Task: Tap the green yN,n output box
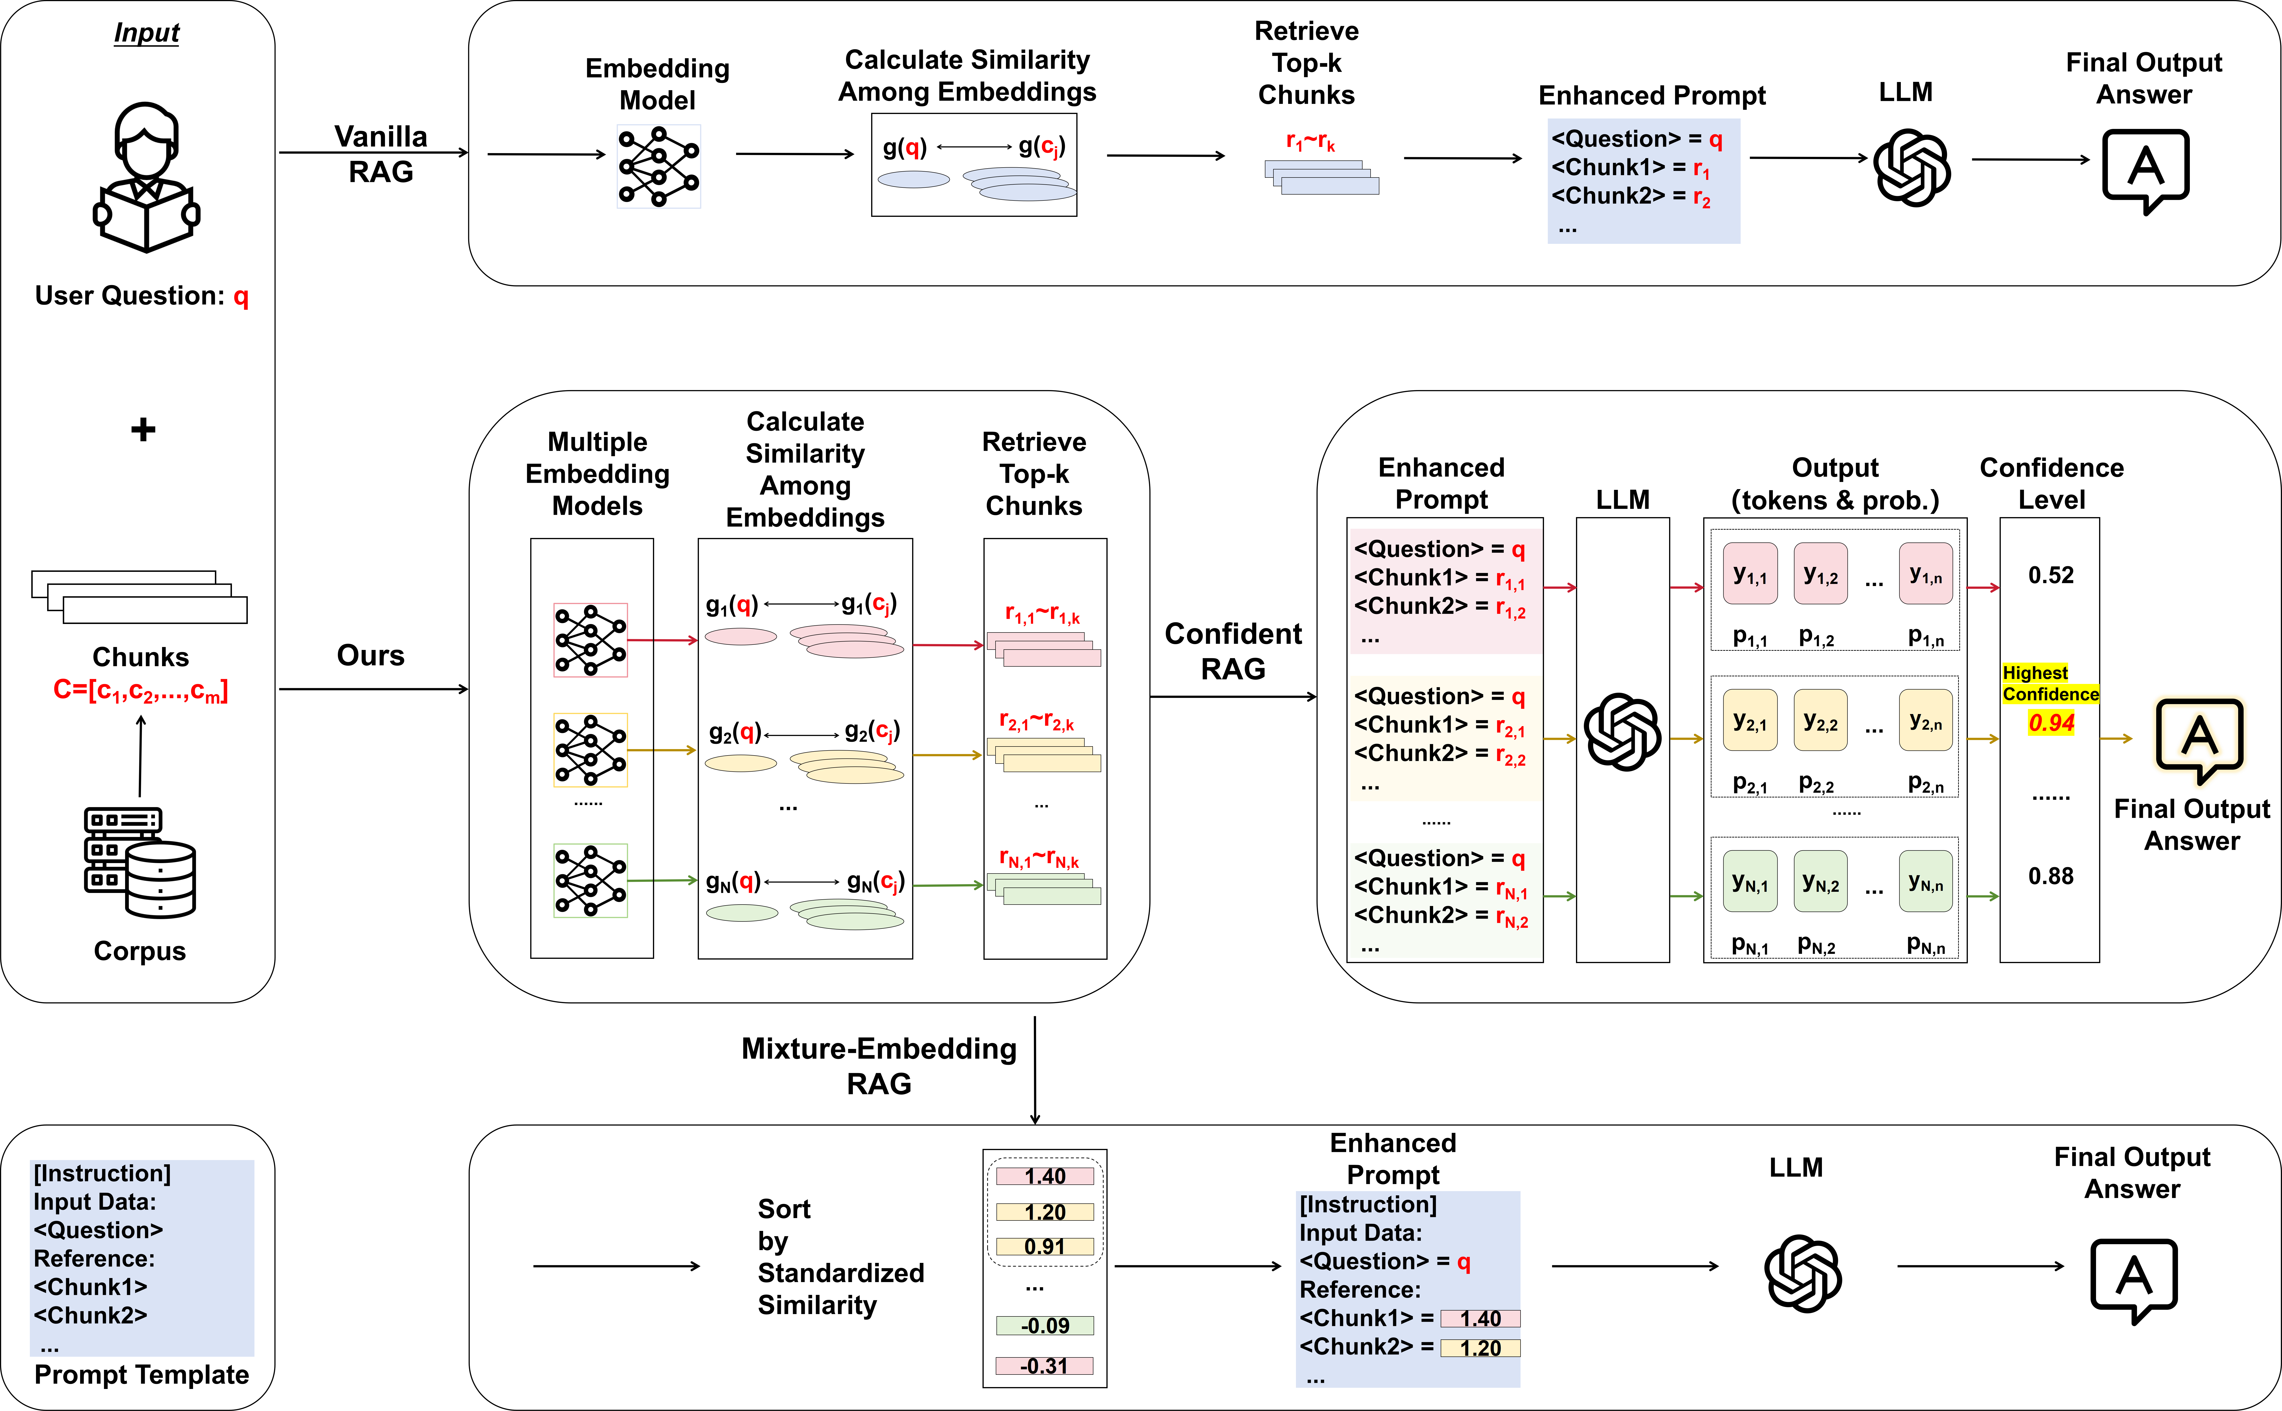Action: (1926, 881)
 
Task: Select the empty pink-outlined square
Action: (591, 640)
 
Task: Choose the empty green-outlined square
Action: (591, 881)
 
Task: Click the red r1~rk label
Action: (1310, 142)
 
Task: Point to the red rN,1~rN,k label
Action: (1038, 859)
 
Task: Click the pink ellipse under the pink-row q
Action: (741, 637)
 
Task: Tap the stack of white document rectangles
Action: (140, 597)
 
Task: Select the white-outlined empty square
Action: (659, 166)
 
